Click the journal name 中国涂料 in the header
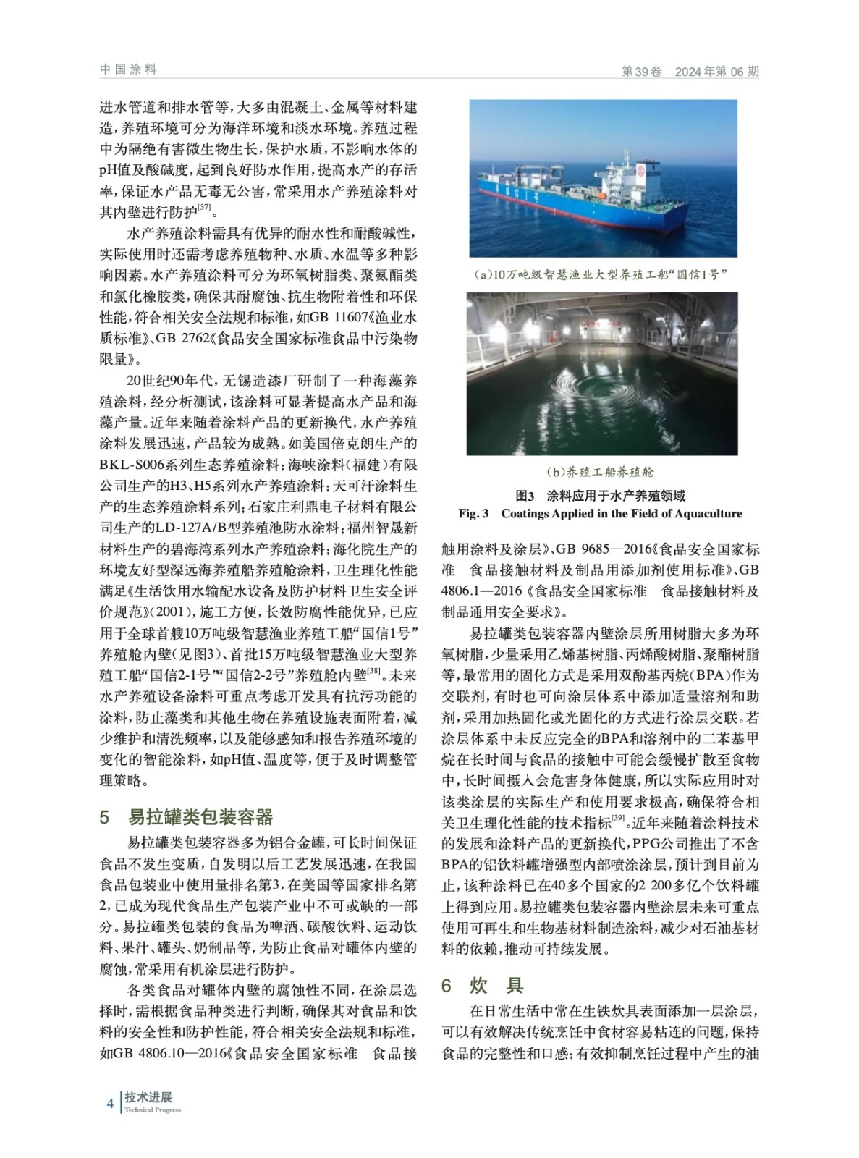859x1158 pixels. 128,69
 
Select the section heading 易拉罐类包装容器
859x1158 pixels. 200,817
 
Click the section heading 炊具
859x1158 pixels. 496,985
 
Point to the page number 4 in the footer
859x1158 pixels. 110,1104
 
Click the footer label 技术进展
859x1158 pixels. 148,1097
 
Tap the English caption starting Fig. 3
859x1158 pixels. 600,513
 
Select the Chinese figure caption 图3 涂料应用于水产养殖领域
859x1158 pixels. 600,496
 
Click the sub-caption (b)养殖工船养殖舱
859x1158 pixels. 600,472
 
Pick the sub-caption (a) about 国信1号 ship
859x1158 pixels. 600,274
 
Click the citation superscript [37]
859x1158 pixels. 204,208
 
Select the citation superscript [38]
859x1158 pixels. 373,672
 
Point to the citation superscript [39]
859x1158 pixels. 618,819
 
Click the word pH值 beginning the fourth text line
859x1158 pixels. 116,171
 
